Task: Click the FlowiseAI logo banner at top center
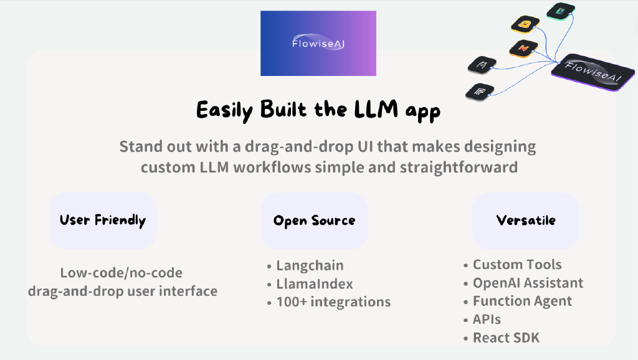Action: tap(318, 43)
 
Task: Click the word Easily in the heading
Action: tap(223, 111)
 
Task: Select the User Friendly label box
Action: tap(103, 220)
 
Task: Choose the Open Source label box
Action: tap(314, 220)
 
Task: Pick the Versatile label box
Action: tap(526, 220)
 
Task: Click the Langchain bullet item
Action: tap(310, 265)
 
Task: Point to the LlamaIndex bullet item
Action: tap(315, 284)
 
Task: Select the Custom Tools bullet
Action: tap(517, 265)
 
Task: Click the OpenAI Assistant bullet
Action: tap(528, 283)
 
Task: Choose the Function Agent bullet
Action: tap(522, 301)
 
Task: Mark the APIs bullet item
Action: tap(487, 320)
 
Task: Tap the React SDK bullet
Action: tap(506, 338)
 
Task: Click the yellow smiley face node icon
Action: tap(525, 25)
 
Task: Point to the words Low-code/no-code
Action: tap(121, 273)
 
